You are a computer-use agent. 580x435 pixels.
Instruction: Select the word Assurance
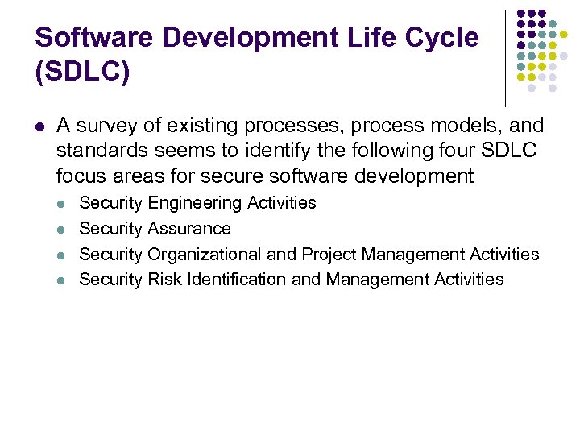tap(189, 229)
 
